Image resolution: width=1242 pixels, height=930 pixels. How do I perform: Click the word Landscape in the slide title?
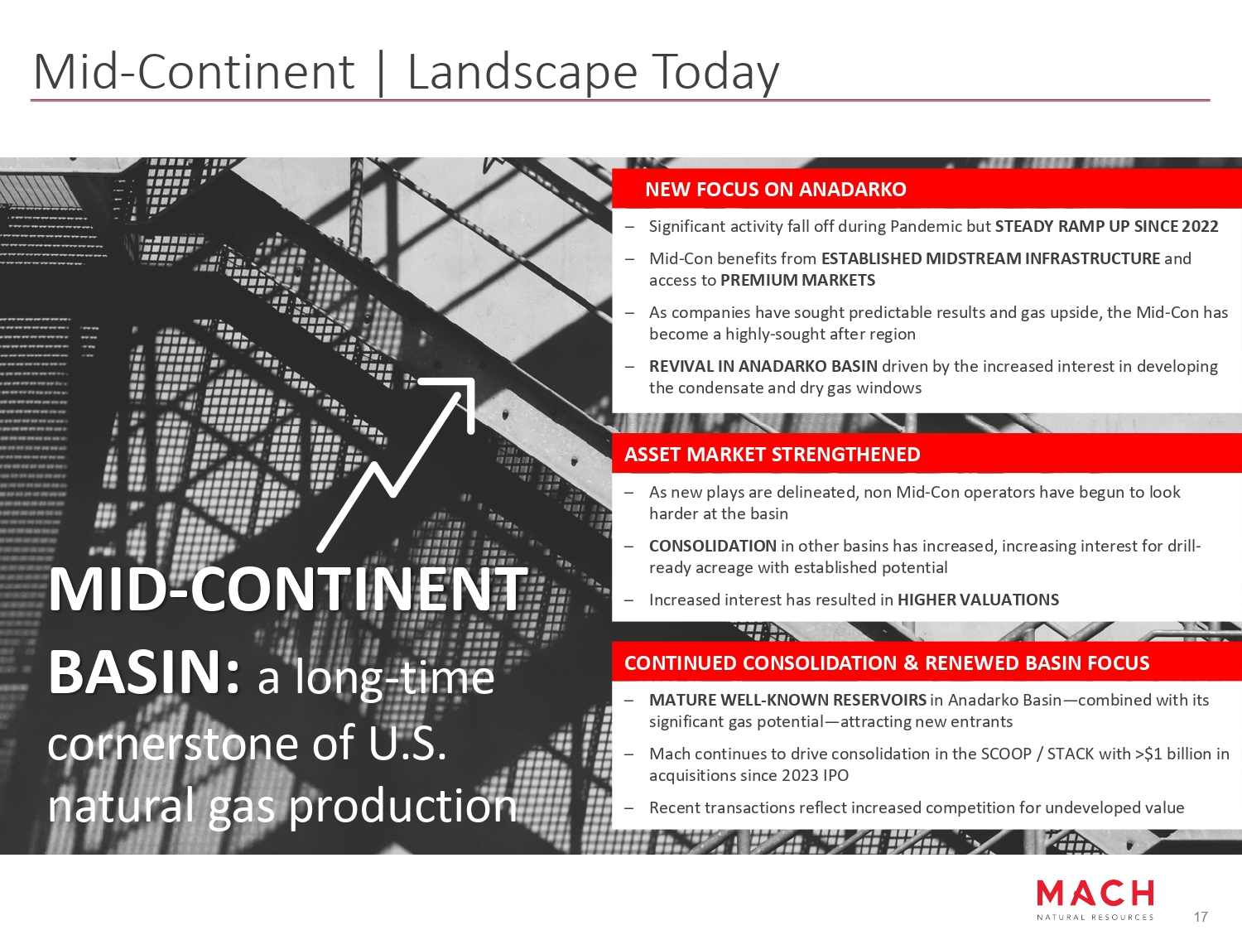click(522, 72)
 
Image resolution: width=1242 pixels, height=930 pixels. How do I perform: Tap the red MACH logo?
click(1095, 894)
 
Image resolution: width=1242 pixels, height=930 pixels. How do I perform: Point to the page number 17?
click(1201, 917)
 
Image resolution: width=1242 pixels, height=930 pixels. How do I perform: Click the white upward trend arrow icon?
click(396, 464)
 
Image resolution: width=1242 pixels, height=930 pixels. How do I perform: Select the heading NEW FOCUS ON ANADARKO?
click(776, 189)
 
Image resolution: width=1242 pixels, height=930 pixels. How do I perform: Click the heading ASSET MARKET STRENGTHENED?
click(773, 454)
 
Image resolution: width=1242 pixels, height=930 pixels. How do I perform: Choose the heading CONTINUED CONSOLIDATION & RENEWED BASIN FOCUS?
click(887, 663)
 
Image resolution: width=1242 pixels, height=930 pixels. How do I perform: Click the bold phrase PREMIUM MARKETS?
click(798, 280)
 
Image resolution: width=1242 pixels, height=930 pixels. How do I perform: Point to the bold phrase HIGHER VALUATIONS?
click(979, 600)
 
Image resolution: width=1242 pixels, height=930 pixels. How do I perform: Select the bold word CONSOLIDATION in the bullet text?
click(713, 546)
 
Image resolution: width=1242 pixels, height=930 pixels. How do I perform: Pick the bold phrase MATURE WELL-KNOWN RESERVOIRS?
click(787, 700)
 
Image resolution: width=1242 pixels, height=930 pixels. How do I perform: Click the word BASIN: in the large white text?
click(144, 672)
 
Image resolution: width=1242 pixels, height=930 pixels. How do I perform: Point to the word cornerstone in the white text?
click(173, 744)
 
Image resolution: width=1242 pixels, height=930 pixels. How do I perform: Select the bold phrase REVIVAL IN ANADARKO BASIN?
click(763, 366)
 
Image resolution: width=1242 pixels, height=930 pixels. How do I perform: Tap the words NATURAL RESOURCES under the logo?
click(1095, 917)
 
